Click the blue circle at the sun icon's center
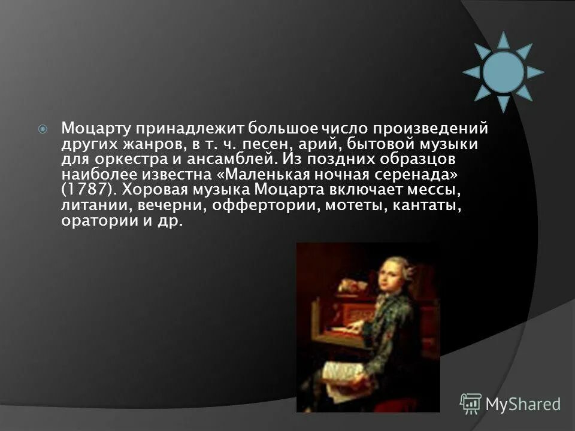[x=504, y=72]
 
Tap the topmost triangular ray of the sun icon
[x=504, y=39]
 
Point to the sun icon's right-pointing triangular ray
[x=535, y=72]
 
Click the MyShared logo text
[x=523, y=404]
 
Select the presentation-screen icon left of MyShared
[x=471, y=403]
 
